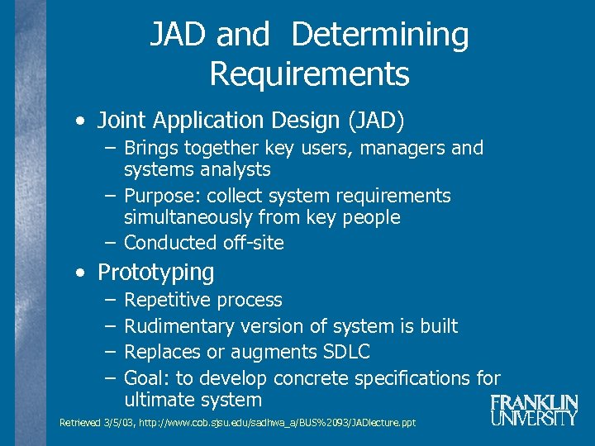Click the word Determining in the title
[379, 36]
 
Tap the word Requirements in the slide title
[309, 74]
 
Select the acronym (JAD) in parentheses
[377, 121]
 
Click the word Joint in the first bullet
[117, 121]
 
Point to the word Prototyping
[155, 272]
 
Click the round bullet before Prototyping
[79, 273]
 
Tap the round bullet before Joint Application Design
[79, 121]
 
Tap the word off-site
[253, 243]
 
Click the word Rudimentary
[175, 326]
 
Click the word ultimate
[159, 401]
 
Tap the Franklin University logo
[533, 410]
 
